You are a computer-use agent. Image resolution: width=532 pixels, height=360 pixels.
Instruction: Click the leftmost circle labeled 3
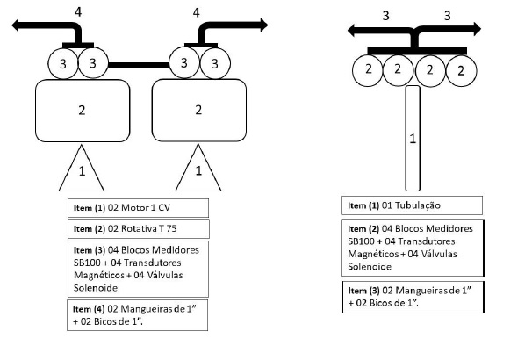tap(63, 64)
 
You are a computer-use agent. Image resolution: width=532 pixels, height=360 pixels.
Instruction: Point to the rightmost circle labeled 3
tap(215, 63)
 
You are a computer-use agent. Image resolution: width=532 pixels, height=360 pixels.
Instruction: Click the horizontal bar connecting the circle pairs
tap(139, 64)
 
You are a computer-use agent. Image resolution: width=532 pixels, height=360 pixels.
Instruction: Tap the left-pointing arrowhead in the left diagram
tap(16, 25)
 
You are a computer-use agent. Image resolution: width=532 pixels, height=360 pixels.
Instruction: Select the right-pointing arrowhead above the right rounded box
tap(264, 25)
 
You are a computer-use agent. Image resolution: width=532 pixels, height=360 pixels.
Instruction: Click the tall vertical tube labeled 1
tap(413, 139)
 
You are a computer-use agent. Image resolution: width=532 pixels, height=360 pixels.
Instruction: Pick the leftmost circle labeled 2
tap(368, 70)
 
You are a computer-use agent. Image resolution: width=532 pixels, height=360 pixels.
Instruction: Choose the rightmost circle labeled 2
tap(461, 71)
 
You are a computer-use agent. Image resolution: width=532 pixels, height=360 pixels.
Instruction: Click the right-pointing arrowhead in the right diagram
tap(477, 29)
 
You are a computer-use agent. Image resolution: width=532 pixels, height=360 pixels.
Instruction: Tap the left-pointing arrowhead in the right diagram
tap(351, 31)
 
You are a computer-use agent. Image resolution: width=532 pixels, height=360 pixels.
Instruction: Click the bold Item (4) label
tap(89, 309)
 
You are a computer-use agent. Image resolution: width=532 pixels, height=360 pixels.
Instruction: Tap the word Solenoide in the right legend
tap(370, 267)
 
